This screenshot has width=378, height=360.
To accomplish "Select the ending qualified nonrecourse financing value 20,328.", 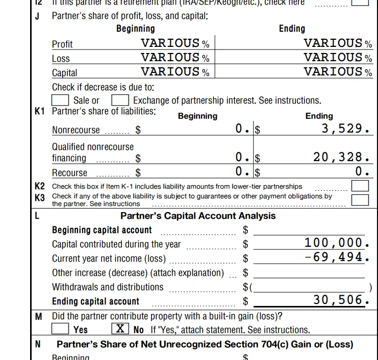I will point(341,157).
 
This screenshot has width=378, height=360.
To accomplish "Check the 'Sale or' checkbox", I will point(61,100).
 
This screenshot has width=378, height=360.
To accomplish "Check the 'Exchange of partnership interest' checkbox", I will point(120,100).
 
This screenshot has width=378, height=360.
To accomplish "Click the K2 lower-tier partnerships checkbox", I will point(360,186).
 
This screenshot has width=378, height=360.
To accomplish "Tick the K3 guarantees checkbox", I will point(360,199).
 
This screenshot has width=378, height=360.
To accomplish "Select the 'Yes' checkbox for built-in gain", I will point(61,329).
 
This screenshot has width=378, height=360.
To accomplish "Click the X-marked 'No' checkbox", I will point(120,329).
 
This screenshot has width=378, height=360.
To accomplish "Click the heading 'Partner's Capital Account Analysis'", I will point(198,216).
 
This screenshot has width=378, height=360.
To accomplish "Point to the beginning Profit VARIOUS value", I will point(170,43).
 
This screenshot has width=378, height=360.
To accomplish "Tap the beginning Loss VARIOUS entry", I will point(170,58).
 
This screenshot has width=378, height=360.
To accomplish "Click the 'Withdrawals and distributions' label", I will point(108,287).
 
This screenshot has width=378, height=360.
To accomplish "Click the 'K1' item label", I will point(40,111).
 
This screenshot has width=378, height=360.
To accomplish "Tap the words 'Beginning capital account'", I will point(102,230).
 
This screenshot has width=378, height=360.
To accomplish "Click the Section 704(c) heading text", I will point(205,344).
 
